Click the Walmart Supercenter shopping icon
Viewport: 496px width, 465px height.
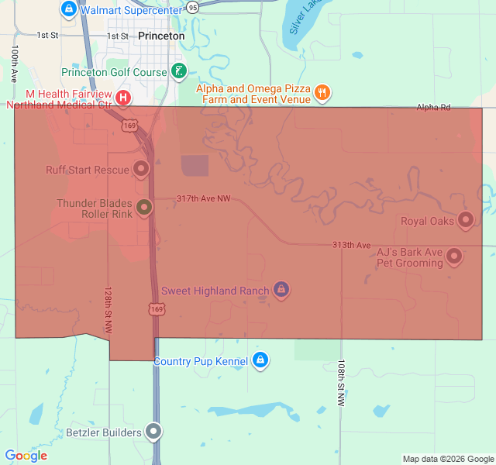[x=68, y=9]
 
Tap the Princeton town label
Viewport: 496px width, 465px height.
[x=161, y=36]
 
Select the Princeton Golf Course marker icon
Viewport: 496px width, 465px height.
[x=179, y=72]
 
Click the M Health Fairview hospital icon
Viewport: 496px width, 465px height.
[x=124, y=98]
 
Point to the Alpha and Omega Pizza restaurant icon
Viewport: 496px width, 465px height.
[x=322, y=94]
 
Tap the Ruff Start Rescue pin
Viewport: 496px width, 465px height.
[x=141, y=168]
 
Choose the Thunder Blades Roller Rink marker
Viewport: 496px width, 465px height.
[x=144, y=208]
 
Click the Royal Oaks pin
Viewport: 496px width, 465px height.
[x=466, y=221]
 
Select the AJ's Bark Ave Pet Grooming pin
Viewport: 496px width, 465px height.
[x=454, y=255]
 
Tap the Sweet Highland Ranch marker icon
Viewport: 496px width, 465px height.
[x=281, y=291]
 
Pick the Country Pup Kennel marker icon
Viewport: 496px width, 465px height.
[x=260, y=361]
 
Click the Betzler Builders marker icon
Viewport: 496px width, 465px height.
[x=155, y=432]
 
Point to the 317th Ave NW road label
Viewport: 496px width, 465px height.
[x=203, y=199]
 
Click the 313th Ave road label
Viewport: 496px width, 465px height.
[x=352, y=245]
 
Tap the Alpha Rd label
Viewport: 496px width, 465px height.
[x=433, y=108]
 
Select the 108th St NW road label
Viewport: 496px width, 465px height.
[x=340, y=383]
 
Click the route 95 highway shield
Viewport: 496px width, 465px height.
[x=192, y=7]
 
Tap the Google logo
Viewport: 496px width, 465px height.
[x=26, y=456]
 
